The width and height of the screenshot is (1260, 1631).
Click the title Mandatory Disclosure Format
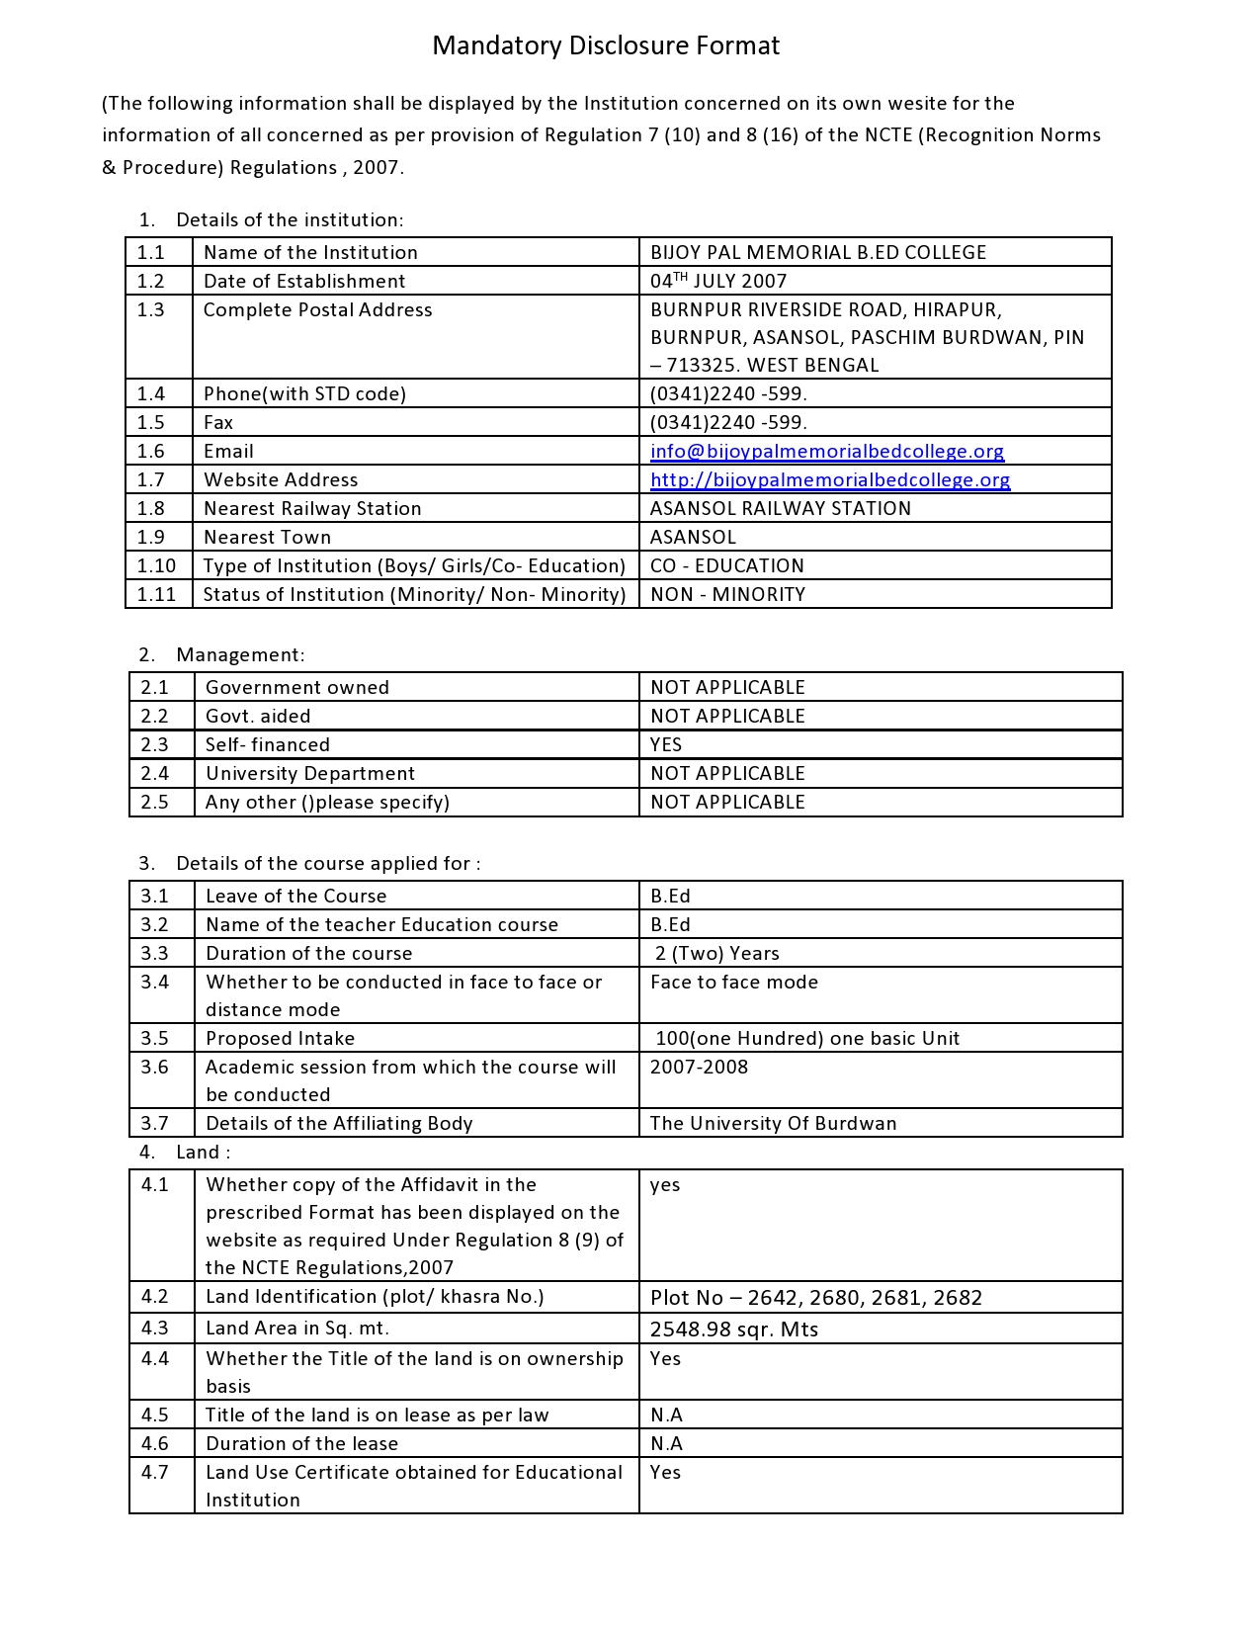tap(606, 45)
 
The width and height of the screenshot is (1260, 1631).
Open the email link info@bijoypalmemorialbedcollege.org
tap(826, 452)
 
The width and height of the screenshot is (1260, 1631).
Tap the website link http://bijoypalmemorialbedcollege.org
tap(830, 480)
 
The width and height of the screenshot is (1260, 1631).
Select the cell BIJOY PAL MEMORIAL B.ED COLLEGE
tap(817, 252)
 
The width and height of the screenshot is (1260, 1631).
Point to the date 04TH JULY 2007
tap(718, 281)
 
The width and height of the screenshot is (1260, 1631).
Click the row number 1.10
tap(156, 565)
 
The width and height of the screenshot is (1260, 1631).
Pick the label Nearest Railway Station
tap(312, 508)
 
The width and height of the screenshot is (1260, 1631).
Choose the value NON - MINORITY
tap(727, 594)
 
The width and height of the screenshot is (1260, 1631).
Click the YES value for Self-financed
tap(666, 744)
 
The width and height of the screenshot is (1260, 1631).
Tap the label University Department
tap(310, 773)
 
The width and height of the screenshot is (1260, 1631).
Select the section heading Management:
tap(240, 654)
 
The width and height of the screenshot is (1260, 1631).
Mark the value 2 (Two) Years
tap(716, 953)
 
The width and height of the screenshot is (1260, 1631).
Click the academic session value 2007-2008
tap(699, 1067)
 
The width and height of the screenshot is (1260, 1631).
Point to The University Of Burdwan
tap(773, 1123)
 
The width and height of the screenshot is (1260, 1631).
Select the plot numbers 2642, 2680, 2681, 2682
tap(816, 1298)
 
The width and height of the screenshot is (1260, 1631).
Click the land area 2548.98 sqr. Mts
tap(734, 1330)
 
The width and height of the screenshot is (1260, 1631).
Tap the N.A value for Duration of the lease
tap(666, 1443)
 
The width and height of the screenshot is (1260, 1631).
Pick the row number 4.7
tap(154, 1472)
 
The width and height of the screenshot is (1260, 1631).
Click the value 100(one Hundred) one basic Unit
tap(807, 1038)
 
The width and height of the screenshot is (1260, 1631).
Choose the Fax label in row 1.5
tap(218, 423)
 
